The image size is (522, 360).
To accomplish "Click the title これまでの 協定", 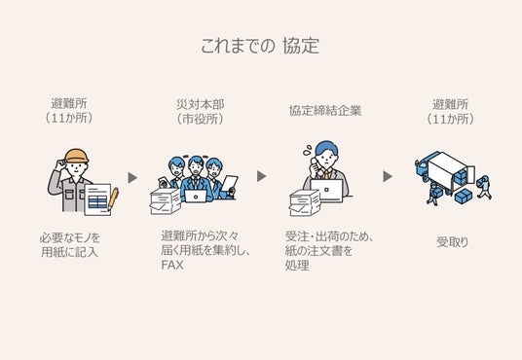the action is pyautogui.click(x=260, y=46).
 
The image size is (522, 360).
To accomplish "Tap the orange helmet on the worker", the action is pyautogui.click(x=77, y=156).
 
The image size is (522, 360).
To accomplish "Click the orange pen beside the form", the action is pyautogui.click(x=113, y=198).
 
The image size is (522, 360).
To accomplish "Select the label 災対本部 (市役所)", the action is pyautogui.click(x=200, y=112).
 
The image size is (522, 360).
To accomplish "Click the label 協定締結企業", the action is pyautogui.click(x=325, y=111).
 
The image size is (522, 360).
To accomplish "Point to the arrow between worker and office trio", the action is pyautogui.click(x=132, y=178).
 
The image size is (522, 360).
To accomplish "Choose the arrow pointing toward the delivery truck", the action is pyautogui.click(x=388, y=176).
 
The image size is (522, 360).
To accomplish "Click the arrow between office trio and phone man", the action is pyautogui.click(x=261, y=176).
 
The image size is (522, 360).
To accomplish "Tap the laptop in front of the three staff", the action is pyautogui.click(x=196, y=196).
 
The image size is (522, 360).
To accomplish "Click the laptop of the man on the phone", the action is pyautogui.click(x=326, y=191).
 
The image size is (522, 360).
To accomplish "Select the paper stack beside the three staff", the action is pyautogui.click(x=166, y=201).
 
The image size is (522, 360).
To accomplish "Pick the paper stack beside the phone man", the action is pyautogui.click(x=305, y=203).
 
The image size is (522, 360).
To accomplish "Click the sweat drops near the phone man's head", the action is pyautogui.click(x=307, y=150).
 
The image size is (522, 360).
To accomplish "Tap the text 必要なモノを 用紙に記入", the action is pyautogui.click(x=70, y=245).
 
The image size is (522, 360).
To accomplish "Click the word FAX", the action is pyautogui.click(x=172, y=266).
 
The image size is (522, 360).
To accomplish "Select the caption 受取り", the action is pyautogui.click(x=453, y=242).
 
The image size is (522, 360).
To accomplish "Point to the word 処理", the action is pyautogui.click(x=297, y=266).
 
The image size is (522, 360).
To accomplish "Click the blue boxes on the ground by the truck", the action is pyautogui.click(x=463, y=197).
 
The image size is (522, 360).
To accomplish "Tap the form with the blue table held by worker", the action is pyautogui.click(x=97, y=199).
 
